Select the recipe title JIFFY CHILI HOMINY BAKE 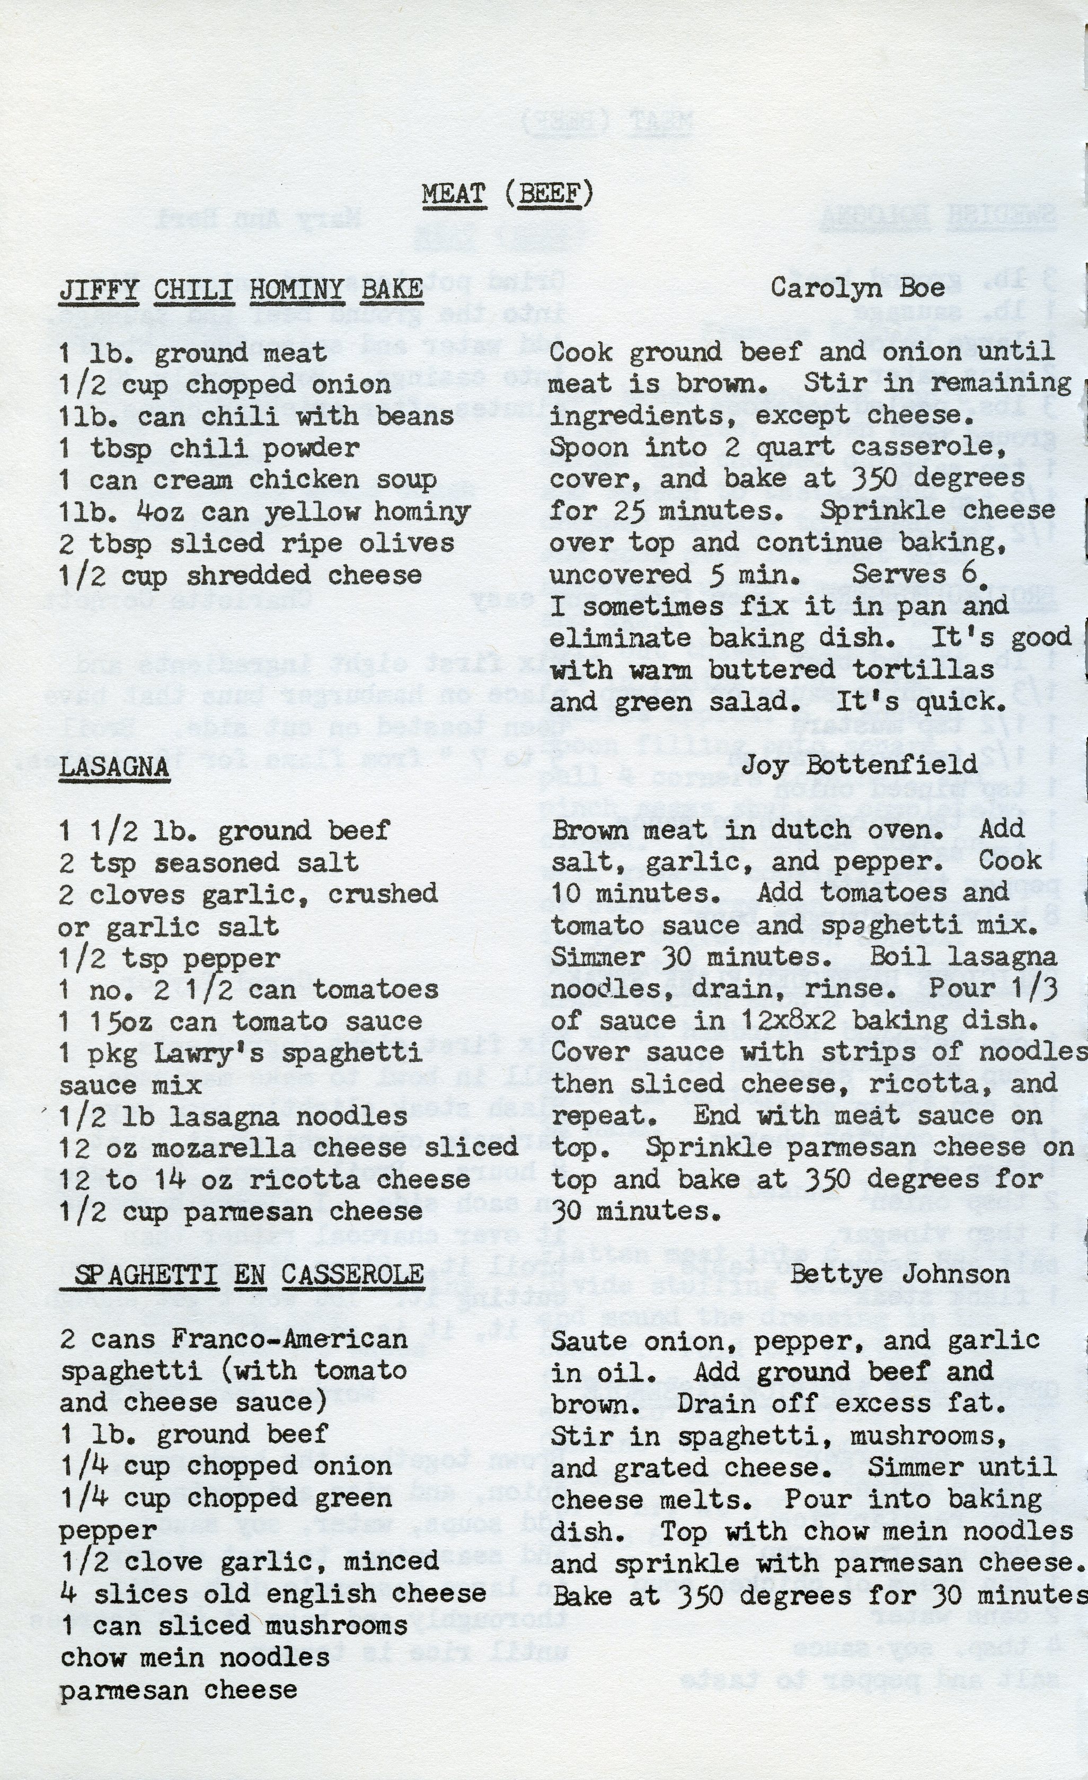click(x=241, y=289)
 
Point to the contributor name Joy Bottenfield click(x=859, y=764)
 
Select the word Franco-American click(x=289, y=1338)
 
